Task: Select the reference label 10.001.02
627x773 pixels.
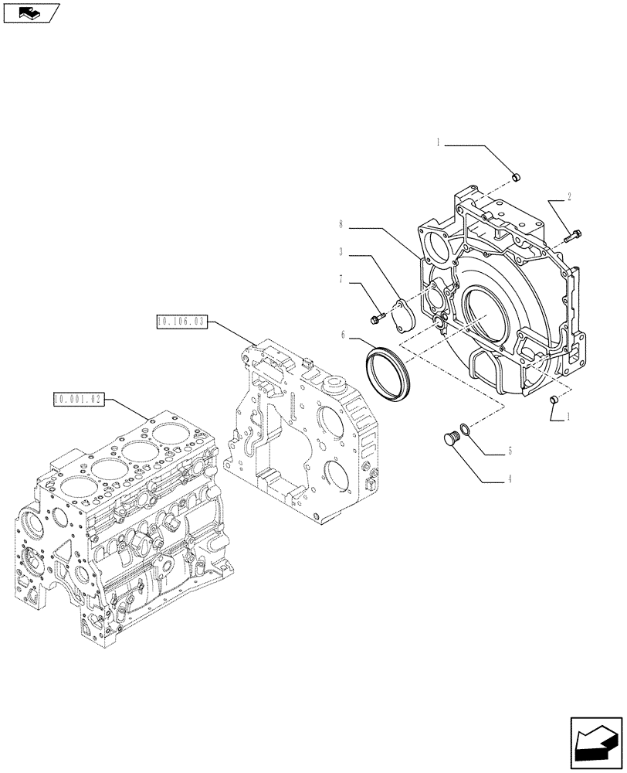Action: pyautogui.click(x=78, y=399)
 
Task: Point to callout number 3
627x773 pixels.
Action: pyautogui.click(x=340, y=251)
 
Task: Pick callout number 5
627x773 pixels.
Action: pyautogui.click(x=509, y=451)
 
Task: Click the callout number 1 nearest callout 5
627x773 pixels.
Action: pyautogui.click(x=569, y=416)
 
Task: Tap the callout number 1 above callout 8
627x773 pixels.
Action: pyautogui.click(x=438, y=143)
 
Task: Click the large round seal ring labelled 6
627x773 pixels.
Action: pyautogui.click(x=389, y=373)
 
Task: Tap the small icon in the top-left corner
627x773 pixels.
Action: pyautogui.click(x=31, y=12)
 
